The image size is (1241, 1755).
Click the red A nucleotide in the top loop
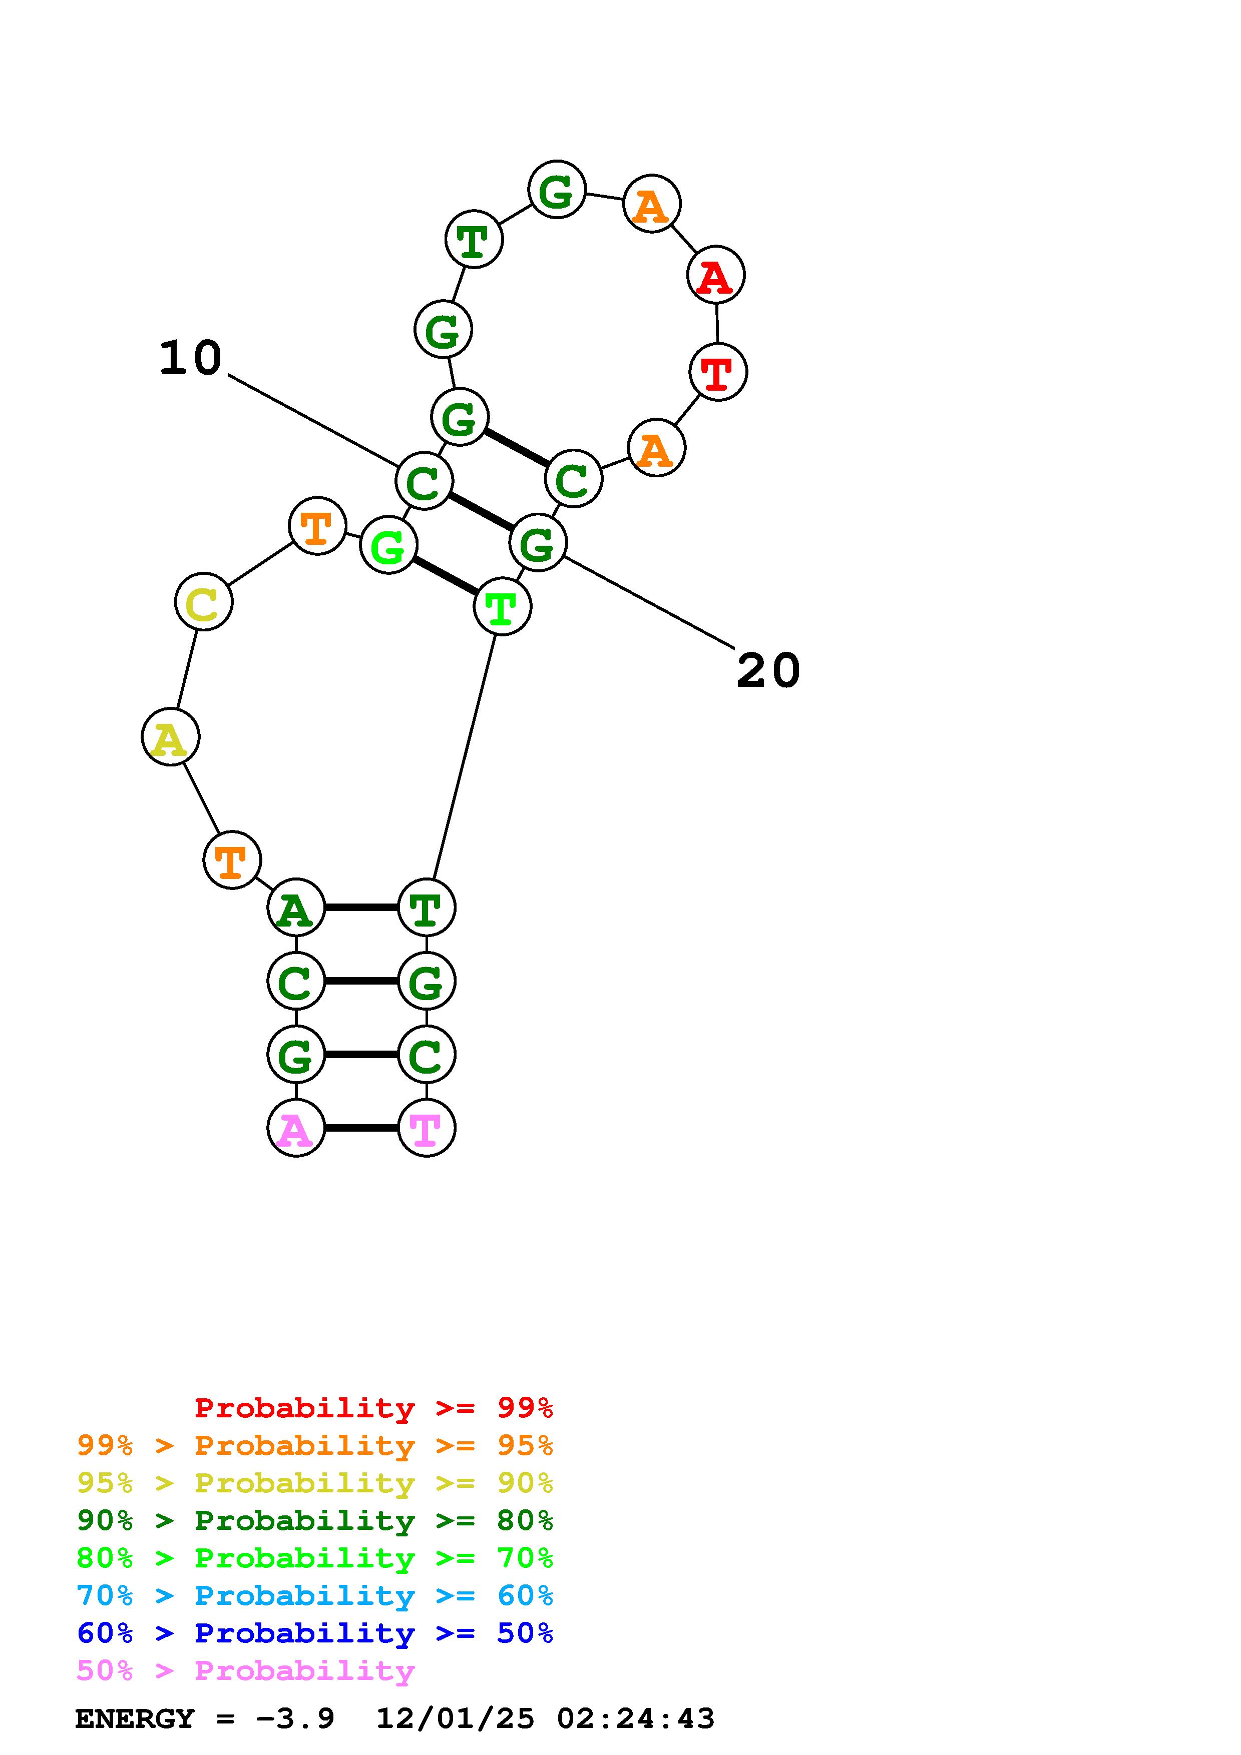click(716, 275)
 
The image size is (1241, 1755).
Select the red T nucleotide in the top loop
click(717, 372)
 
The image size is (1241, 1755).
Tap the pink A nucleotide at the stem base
click(296, 1128)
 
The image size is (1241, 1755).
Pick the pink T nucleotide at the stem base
click(426, 1128)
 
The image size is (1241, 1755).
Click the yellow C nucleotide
click(203, 602)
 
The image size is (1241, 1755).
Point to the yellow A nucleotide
click(171, 737)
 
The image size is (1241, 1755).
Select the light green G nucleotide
click(388, 545)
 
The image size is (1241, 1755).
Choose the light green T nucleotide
click(502, 607)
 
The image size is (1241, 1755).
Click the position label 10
click(190, 358)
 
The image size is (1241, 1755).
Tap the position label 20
click(768, 671)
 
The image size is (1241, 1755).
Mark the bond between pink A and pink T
click(361, 1128)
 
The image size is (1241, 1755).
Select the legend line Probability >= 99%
click(373, 1407)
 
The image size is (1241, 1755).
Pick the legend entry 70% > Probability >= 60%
click(314, 1595)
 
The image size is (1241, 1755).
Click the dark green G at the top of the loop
click(557, 190)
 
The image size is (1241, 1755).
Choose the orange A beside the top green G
click(651, 204)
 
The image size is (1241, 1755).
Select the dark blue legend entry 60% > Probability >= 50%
click(314, 1633)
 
